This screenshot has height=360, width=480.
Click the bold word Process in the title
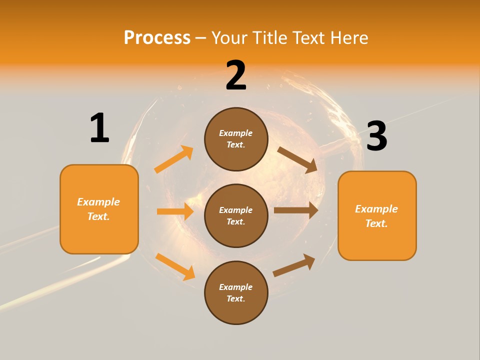tap(157, 38)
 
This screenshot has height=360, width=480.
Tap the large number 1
tap(99, 128)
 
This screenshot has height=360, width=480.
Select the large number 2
tap(236, 75)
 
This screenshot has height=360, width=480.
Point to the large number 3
tap(376, 136)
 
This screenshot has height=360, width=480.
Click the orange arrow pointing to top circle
tap(174, 159)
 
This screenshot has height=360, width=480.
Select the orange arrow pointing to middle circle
tap(175, 211)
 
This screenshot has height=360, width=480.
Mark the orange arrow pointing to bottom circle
tap(175, 266)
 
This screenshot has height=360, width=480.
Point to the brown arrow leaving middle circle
tap(296, 210)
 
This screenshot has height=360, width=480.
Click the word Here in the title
tap(348, 38)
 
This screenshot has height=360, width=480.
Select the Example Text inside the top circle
tap(236, 138)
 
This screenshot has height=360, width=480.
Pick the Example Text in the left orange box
tap(98, 209)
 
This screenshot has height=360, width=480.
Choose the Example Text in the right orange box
tap(376, 216)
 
